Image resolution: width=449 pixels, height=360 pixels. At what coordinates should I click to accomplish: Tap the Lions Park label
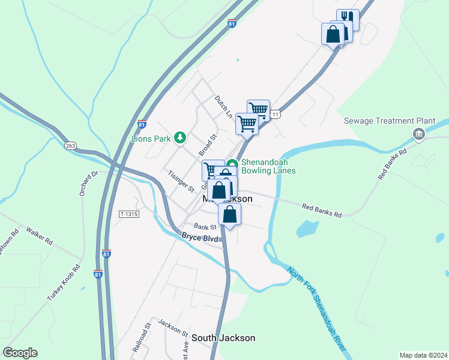pos(151,139)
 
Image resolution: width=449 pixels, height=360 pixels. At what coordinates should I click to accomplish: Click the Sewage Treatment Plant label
pos(389,121)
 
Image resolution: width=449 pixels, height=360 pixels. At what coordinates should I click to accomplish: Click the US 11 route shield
pos(276,113)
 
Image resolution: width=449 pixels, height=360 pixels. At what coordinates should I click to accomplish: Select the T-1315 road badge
pos(129,214)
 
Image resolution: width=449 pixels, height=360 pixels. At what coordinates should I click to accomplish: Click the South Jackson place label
pos(223,338)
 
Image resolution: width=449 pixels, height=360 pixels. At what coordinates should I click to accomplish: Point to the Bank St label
pos(205,227)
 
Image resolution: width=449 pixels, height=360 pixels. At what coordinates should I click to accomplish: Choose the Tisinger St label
pos(181,181)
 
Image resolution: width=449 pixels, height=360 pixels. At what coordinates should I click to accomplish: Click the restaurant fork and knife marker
pos(348,19)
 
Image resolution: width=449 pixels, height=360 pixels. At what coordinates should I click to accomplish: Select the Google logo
pos(20,353)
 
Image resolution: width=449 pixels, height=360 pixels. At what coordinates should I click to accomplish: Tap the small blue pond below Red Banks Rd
pos(307,229)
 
